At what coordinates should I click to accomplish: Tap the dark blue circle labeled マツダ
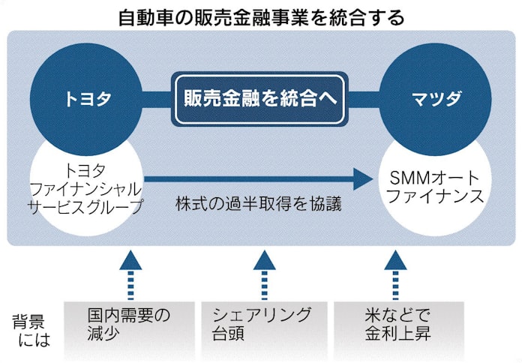(435, 97)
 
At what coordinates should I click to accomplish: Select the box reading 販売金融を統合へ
(260, 98)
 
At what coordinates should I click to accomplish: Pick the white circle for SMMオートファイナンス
(436, 189)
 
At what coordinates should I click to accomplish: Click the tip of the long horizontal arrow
(370, 178)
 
